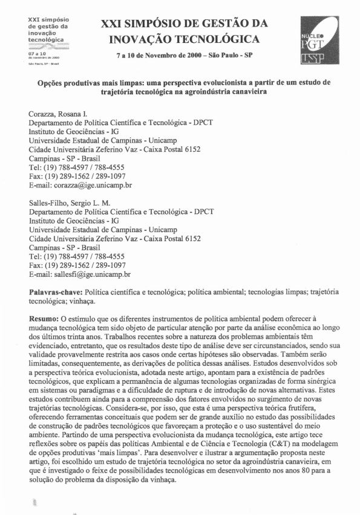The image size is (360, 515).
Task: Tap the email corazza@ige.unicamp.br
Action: (x=80, y=186)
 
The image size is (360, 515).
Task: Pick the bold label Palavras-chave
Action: (x=56, y=291)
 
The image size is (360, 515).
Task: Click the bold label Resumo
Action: (x=45, y=318)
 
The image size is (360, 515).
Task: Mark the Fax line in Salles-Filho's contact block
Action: (x=77, y=265)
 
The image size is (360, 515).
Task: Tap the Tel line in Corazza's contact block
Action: (x=77, y=167)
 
